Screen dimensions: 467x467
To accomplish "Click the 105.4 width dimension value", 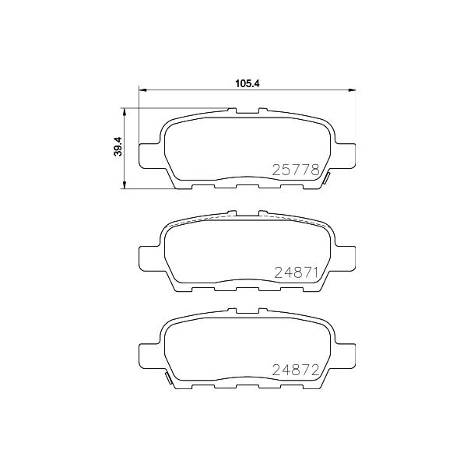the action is point(248,83).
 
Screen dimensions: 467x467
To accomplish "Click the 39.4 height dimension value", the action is point(118,146).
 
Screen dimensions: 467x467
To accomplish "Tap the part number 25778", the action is point(296,170).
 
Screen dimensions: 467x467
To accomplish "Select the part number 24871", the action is point(297,272).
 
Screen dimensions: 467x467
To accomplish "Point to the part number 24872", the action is point(296,370).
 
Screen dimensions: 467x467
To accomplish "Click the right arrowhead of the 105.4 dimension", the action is point(352,90).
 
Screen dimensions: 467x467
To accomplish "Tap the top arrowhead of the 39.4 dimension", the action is point(125,112).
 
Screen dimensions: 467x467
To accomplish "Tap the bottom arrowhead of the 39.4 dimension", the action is point(125,184).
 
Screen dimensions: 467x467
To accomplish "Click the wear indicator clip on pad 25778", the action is point(326,178).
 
